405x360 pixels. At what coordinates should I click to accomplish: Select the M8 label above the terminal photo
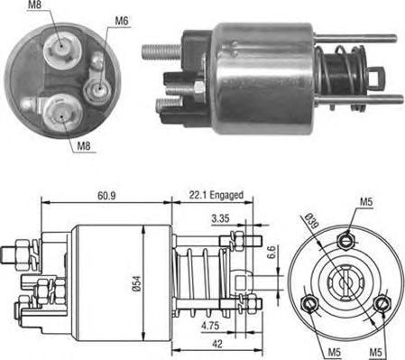coord(34,6)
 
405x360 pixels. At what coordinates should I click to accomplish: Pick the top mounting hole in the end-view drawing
coord(345,238)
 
